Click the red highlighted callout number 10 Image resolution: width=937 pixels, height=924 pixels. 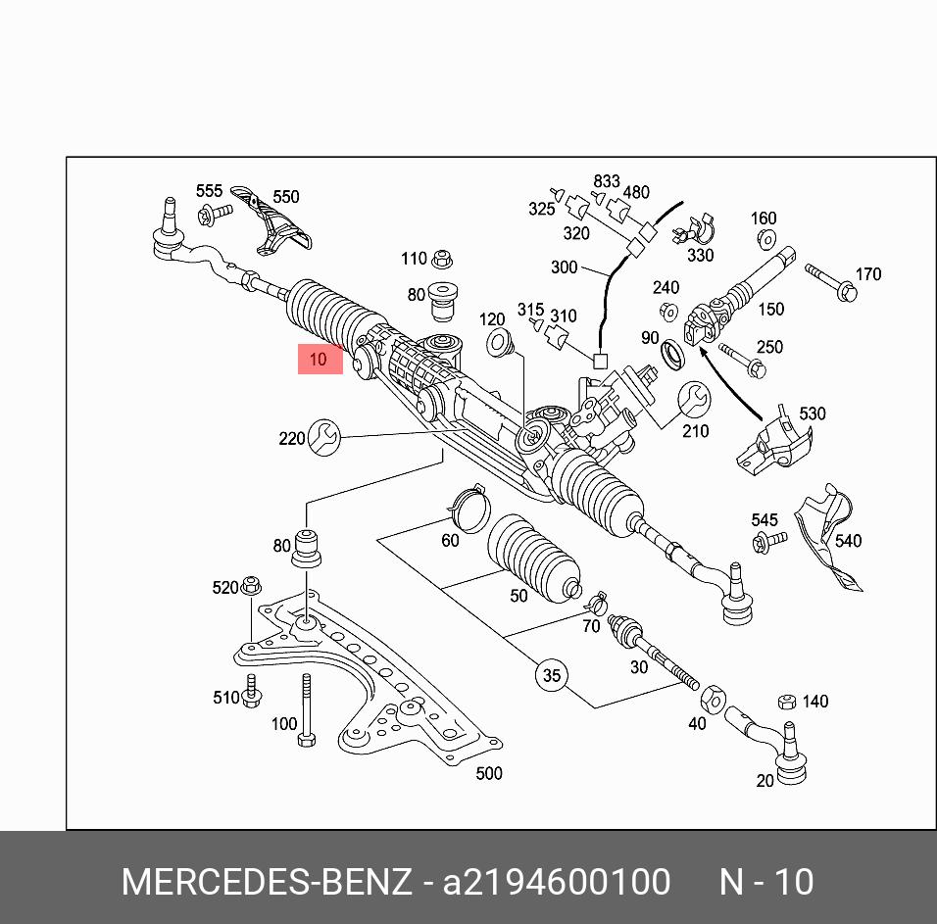(320, 360)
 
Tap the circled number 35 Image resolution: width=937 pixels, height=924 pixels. (552, 675)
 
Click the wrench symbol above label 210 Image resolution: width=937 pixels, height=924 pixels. (695, 398)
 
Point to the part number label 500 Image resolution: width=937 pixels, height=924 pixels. (488, 773)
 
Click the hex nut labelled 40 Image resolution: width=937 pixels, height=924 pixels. (713, 699)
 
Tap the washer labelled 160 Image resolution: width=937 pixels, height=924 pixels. (765, 239)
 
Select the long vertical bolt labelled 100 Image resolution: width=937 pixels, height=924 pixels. (306, 709)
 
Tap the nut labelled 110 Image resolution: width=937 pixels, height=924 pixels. (441, 259)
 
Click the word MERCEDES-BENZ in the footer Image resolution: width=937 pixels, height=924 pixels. (267, 882)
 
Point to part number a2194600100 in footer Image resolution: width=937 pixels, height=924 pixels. (558, 882)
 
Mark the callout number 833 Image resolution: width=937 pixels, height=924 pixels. (607, 181)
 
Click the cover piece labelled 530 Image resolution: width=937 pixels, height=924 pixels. (774, 443)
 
